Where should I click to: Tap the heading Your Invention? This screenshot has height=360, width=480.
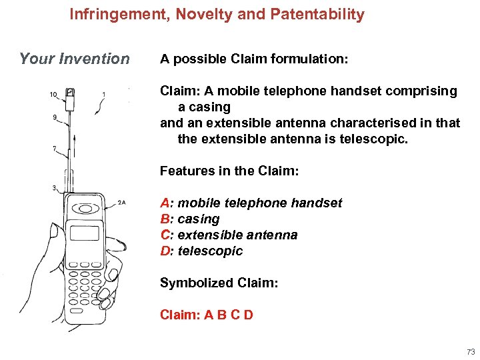[75, 59]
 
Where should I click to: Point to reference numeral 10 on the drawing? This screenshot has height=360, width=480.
[53, 95]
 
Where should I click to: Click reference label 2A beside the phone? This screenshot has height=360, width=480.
[121, 202]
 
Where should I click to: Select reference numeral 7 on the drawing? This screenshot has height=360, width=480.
[54, 149]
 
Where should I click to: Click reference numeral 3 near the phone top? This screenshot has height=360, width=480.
[54, 189]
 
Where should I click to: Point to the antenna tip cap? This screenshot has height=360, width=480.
[71, 93]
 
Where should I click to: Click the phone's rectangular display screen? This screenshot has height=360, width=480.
[85, 233]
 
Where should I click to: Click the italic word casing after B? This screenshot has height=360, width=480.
[199, 219]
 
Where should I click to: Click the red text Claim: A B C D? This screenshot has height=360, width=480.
[207, 315]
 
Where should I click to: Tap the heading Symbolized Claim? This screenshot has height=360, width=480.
[219, 283]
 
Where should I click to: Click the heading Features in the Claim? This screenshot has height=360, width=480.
[229, 171]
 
